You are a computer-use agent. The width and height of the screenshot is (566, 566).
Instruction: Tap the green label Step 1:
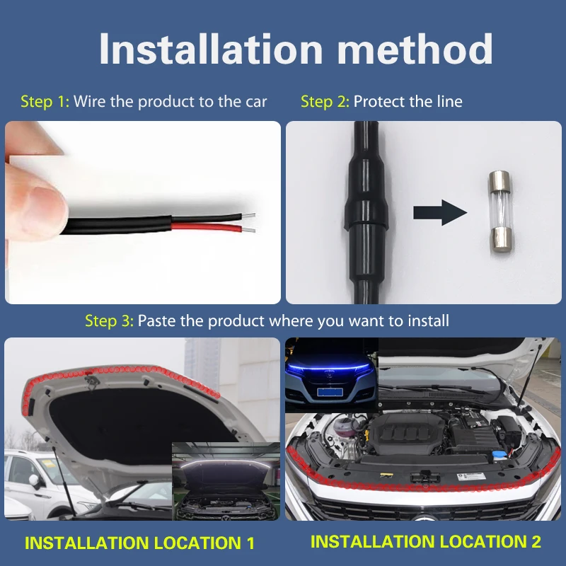pyautogui.click(x=45, y=101)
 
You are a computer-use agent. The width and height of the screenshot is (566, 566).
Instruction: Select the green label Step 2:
pyautogui.click(x=325, y=101)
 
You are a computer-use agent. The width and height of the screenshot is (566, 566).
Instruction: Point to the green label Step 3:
pyautogui.click(x=109, y=320)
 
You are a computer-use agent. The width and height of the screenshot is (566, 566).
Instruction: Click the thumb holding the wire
pyautogui.click(x=35, y=195)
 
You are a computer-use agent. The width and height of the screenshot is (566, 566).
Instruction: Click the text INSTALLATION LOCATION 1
pyautogui.click(x=139, y=543)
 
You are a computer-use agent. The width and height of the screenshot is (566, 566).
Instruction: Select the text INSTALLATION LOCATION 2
pyautogui.click(x=426, y=542)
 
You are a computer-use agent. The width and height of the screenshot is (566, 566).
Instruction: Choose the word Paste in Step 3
pyautogui.click(x=156, y=320)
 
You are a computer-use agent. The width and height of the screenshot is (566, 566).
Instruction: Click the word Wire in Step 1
pyautogui.click(x=90, y=101)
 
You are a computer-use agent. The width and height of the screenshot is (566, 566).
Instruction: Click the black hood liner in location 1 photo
pyautogui.click(x=106, y=417)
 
